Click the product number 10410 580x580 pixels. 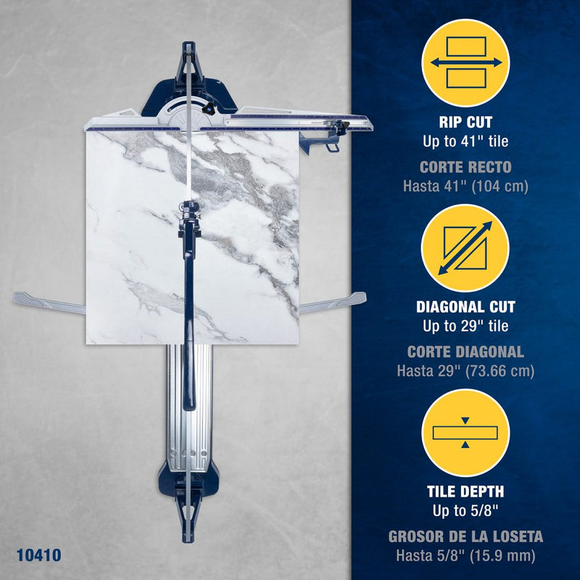click(39, 555)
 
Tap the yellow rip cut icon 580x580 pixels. click(465, 63)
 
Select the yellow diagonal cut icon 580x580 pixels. click(465, 248)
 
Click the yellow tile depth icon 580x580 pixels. click(465, 433)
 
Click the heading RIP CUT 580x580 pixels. click(465, 123)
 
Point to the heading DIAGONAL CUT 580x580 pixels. click(465, 307)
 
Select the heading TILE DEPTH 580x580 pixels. click(465, 492)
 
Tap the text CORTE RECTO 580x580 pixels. click(465, 167)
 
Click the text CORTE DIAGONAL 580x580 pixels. click(465, 352)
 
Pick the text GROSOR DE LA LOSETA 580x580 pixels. click(465, 536)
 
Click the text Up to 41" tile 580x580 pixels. click(465, 141)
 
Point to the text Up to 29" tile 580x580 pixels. click(465, 326)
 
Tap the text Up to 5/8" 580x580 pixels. click(465, 511)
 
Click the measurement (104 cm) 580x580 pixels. click(500, 186)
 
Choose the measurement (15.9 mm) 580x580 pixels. click(500, 555)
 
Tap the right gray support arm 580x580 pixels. click(333, 302)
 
